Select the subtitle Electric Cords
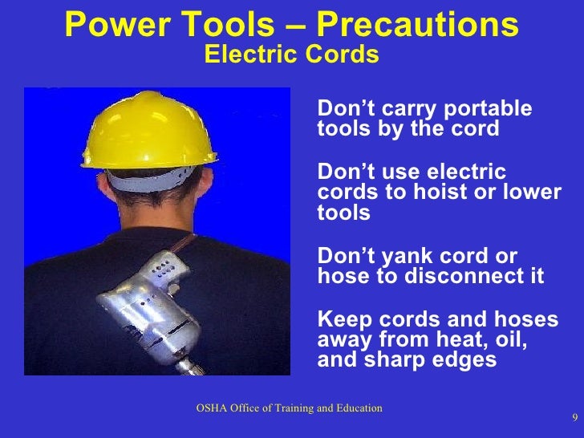[x=291, y=55]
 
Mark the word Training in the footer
[x=286, y=408]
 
